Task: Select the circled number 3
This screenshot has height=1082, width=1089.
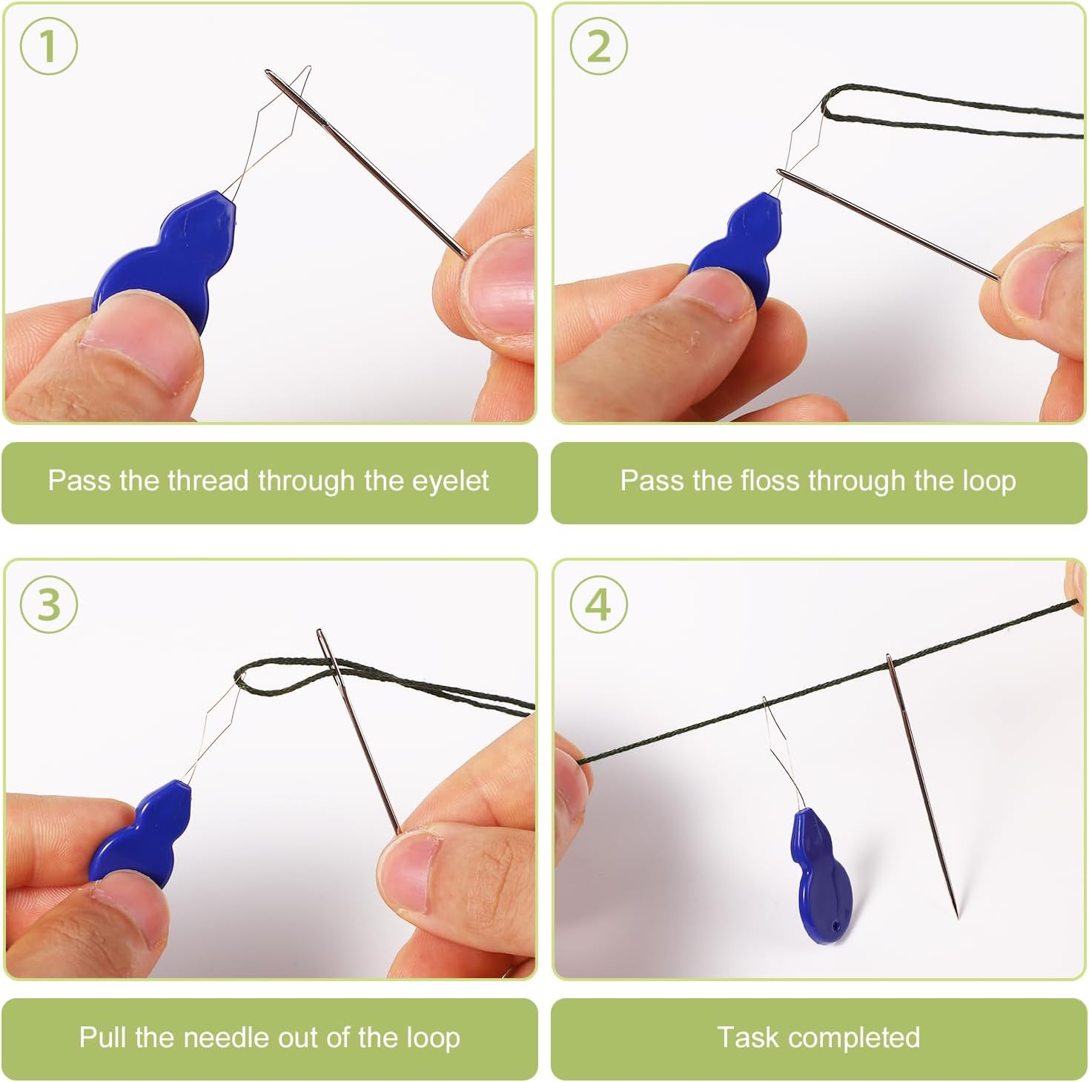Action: tap(48, 604)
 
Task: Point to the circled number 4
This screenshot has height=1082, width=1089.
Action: tap(598, 604)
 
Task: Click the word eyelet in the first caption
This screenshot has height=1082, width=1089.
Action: tap(450, 481)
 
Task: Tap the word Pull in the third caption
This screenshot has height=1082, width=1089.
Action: tap(102, 1037)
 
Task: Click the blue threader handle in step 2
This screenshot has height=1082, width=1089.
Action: tap(738, 245)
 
